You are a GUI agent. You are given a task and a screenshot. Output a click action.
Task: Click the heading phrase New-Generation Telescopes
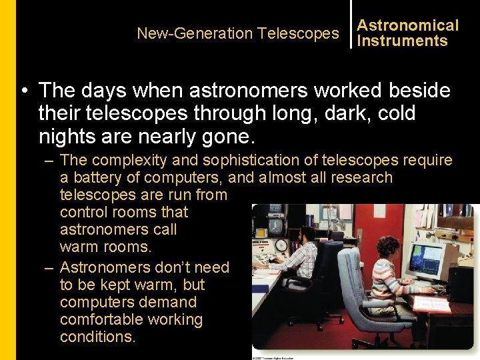tap(237, 33)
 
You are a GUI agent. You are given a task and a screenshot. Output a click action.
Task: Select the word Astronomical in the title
tap(407, 25)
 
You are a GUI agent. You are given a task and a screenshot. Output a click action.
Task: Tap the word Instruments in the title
tap(402, 41)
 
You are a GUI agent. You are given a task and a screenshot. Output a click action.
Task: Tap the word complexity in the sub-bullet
tap(125, 160)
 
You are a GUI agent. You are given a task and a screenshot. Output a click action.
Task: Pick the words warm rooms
tap(105, 247)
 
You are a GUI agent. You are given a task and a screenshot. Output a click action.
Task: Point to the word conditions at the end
tap(97, 337)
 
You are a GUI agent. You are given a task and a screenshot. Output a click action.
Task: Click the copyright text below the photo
tap(273, 357)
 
